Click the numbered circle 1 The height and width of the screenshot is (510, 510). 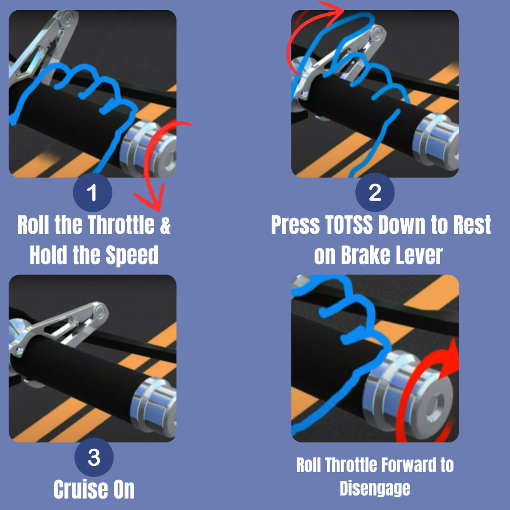click(93, 193)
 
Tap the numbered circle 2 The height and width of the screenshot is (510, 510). click(375, 193)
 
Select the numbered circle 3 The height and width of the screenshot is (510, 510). click(94, 457)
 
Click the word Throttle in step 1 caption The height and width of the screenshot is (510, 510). click(121, 224)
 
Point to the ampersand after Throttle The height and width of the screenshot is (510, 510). click(165, 225)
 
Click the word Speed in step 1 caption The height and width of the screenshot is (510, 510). click(132, 255)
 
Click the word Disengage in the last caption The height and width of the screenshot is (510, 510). click(375, 489)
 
